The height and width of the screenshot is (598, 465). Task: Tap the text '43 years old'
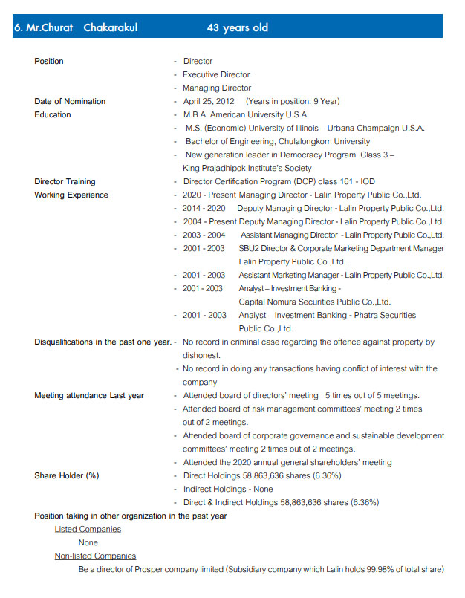(237, 27)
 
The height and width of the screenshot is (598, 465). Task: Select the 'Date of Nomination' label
(70, 101)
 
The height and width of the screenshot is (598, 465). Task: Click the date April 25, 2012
(209, 101)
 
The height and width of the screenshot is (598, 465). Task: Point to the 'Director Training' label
(65, 181)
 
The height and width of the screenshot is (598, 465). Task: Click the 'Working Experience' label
(71, 195)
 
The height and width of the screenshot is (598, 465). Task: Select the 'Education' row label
(53, 114)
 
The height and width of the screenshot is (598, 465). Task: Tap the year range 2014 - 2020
(204, 208)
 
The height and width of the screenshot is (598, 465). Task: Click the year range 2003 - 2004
(204, 235)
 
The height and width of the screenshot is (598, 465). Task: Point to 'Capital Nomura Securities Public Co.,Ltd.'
(314, 302)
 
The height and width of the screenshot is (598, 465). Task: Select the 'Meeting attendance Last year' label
(89, 395)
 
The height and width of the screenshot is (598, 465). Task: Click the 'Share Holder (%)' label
(67, 475)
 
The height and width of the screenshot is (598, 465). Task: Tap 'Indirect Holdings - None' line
(228, 489)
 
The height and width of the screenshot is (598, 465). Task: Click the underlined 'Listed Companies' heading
(88, 529)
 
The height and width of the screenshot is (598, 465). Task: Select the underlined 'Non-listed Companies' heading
(95, 556)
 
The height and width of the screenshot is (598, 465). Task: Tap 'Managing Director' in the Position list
(217, 88)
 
